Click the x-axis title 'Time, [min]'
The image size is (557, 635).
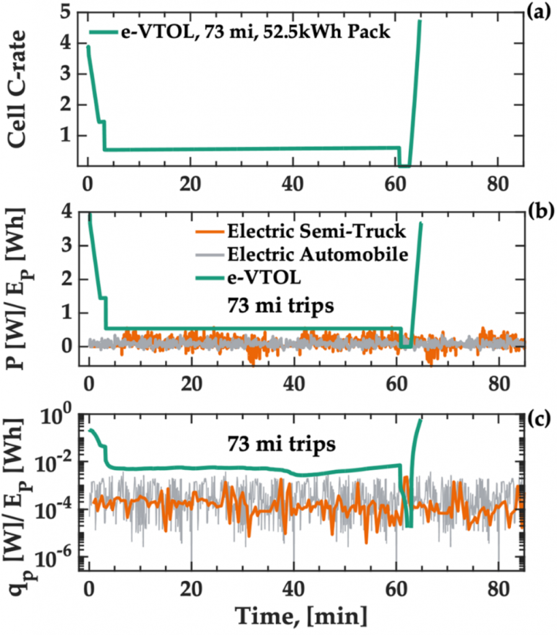pos(302,617)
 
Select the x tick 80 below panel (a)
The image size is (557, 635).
pos(496,185)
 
